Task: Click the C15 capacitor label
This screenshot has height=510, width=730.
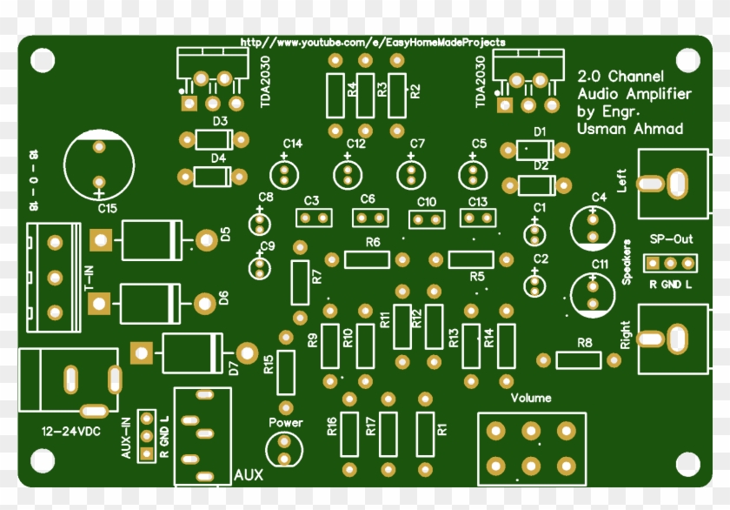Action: pyautogui.click(x=107, y=209)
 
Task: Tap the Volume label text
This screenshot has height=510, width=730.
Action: pyautogui.click(x=530, y=398)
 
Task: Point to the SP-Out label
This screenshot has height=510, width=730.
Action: pyautogui.click(x=671, y=238)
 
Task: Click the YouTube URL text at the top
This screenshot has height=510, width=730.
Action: pyautogui.click(x=372, y=42)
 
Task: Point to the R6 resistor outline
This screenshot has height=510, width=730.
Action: pyautogui.click(x=367, y=259)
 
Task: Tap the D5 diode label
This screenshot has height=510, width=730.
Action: pyautogui.click(x=224, y=234)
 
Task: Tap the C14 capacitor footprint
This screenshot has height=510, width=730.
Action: pyautogui.click(x=283, y=172)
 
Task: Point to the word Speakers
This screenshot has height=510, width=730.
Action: pyautogui.click(x=627, y=260)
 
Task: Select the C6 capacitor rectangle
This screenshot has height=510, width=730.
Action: pyautogui.click(x=368, y=217)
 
